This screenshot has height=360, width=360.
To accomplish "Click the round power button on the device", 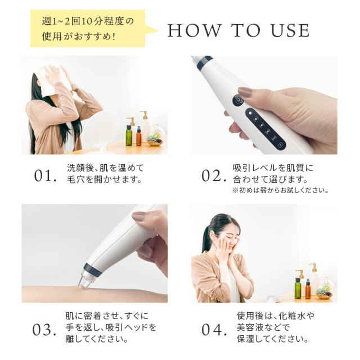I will [238, 101].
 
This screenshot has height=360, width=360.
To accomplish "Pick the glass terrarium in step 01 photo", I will [155, 137].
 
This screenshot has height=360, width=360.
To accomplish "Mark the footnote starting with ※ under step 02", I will [280, 191].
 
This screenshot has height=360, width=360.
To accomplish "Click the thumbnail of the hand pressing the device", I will [264, 105].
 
